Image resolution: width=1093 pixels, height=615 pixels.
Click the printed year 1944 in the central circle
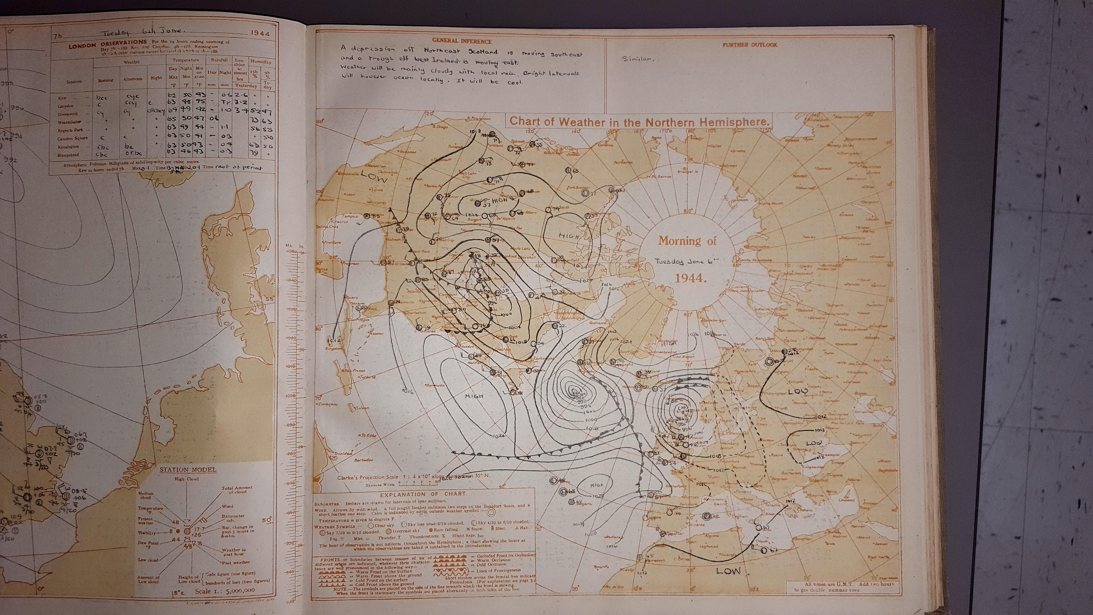(x=690, y=278)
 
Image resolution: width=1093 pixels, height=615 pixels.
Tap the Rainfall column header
(x=219, y=60)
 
